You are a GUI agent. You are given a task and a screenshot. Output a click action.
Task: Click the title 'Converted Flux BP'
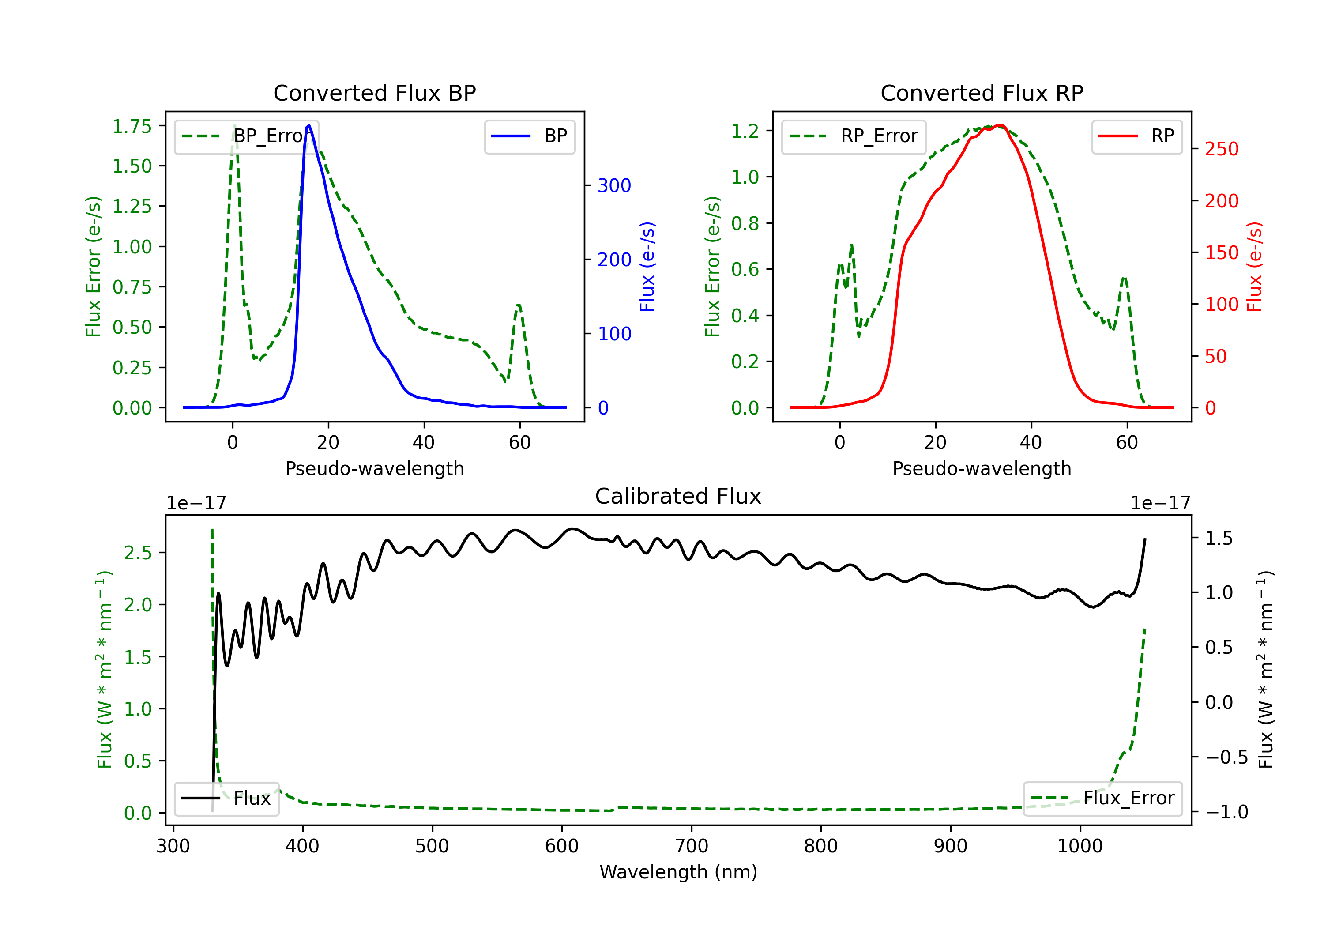tap(374, 93)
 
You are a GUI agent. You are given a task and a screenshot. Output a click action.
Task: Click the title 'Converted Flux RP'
tap(982, 93)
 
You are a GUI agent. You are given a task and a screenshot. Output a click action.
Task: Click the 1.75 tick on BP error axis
tap(132, 126)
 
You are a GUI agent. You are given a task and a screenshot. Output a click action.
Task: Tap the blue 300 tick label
tap(614, 186)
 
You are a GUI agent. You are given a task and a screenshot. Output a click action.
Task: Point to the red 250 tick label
tap(1221, 149)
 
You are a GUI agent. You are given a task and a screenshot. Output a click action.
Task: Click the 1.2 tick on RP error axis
tap(745, 131)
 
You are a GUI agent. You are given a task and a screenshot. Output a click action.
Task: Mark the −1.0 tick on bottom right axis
tap(1219, 812)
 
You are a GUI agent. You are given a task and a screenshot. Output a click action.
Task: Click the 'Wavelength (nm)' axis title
tap(678, 872)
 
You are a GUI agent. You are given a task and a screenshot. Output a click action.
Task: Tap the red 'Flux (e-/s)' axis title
tap(1255, 267)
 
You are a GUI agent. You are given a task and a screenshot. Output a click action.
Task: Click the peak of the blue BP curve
tap(309, 125)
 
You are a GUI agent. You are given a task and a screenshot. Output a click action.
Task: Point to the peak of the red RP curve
tap(1000, 126)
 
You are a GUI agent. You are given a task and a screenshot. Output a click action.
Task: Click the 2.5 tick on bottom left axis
tap(137, 553)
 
